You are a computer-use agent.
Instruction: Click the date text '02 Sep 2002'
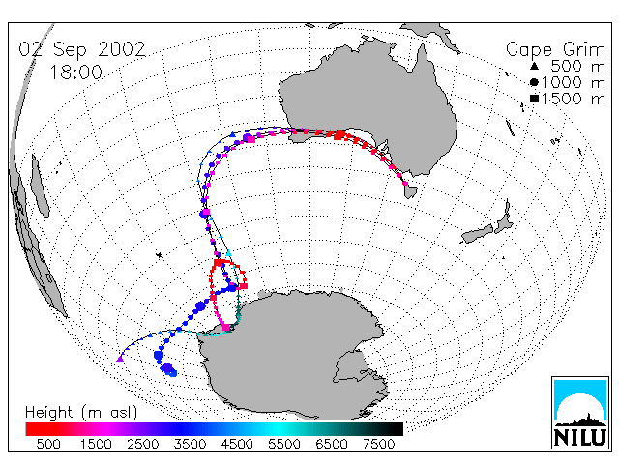click(x=82, y=49)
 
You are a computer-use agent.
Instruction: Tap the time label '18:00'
click(x=75, y=72)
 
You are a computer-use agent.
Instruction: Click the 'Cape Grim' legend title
click(x=555, y=50)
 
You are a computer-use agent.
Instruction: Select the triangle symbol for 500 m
click(x=534, y=66)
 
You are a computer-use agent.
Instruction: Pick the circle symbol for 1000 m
click(x=534, y=82)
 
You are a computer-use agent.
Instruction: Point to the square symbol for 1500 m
click(x=534, y=99)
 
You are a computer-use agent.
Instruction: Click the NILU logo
click(x=580, y=413)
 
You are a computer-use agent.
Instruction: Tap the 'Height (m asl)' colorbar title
click(x=81, y=413)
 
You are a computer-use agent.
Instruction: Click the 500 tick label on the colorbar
click(x=48, y=445)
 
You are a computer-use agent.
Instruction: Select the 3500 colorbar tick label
click(x=190, y=445)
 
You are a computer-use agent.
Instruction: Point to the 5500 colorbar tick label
click(x=284, y=445)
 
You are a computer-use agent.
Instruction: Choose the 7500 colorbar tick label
click(x=378, y=445)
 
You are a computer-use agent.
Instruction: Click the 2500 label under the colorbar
click(x=143, y=445)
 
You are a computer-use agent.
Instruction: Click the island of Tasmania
click(x=410, y=190)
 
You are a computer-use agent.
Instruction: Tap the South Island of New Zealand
click(x=477, y=234)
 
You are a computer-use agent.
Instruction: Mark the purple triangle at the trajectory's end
click(x=120, y=359)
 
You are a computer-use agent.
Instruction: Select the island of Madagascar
click(x=40, y=186)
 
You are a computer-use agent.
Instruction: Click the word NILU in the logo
click(x=580, y=437)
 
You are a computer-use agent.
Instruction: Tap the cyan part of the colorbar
click(x=277, y=429)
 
